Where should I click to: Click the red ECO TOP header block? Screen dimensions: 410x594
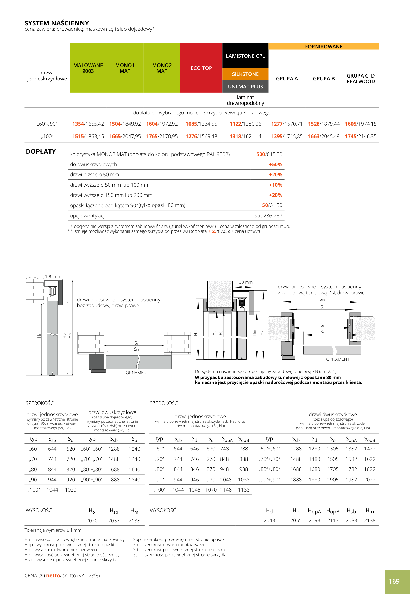click(x=201, y=68)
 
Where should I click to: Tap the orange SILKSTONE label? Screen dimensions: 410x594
click(x=245, y=74)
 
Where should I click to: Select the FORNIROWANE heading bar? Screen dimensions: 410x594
click(x=324, y=47)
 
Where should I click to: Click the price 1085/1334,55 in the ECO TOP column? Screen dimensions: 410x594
click(x=201, y=124)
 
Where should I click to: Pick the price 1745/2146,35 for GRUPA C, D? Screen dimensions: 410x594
click(x=361, y=136)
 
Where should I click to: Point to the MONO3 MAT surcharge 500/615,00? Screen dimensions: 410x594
click(x=269, y=154)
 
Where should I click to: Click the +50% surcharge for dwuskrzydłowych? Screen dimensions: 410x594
click(x=275, y=164)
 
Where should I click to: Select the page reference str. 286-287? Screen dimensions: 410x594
click(x=268, y=216)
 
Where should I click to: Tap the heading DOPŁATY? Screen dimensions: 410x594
click(x=41, y=152)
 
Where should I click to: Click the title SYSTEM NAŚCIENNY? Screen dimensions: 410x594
click(x=57, y=23)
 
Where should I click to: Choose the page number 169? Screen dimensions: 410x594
click(x=394, y=581)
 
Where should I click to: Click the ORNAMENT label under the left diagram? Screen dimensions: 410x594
click(x=137, y=373)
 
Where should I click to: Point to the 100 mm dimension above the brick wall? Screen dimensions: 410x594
click(x=53, y=276)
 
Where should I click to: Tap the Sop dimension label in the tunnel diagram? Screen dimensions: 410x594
click(x=322, y=299)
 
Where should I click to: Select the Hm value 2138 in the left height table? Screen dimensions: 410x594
click(x=134, y=521)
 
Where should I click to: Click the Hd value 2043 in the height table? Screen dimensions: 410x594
click(x=269, y=520)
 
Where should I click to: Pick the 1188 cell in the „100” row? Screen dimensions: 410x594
click(x=244, y=490)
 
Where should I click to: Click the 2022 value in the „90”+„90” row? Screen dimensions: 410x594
click(x=370, y=480)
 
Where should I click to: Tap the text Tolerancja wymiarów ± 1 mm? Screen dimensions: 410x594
click(x=53, y=530)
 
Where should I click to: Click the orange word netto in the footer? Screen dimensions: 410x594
click(x=53, y=576)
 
